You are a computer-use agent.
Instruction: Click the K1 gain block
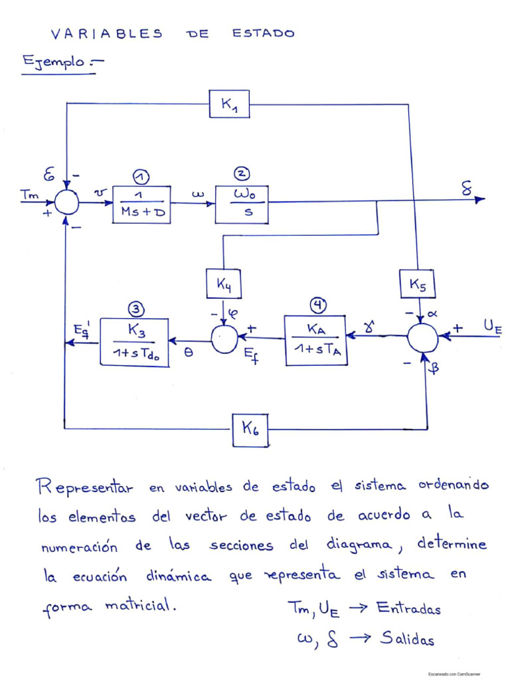(x=229, y=104)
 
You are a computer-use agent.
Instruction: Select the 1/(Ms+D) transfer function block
(x=141, y=204)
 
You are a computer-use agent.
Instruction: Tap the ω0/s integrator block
(x=242, y=204)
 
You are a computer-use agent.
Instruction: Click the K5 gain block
(x=418, y=284)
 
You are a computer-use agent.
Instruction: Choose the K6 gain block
(x=251, y=429)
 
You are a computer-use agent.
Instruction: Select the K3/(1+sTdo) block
(x=134, y=341)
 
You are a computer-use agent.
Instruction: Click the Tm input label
(x=29, y=193)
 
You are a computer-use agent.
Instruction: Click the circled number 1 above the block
(x=141, y=176)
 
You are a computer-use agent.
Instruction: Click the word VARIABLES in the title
(x=106, y=34)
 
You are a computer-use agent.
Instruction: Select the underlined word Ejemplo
(x=54, y=62)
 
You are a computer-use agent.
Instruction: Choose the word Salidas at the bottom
(x=406, y=639)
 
